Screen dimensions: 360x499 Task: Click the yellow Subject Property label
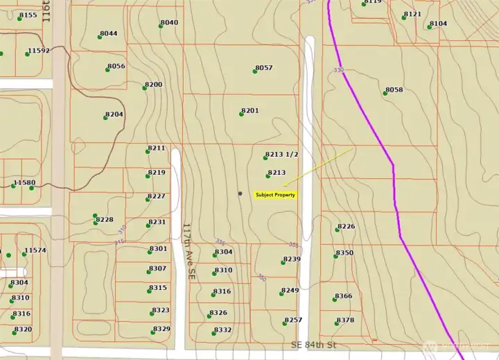276,195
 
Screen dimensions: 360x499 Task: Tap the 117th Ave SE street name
188,251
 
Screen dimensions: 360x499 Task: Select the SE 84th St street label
313,345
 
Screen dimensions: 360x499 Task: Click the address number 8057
264,67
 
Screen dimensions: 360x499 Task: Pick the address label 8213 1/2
281,155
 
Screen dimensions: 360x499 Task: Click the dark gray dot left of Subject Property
240,194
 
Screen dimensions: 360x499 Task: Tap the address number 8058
394,90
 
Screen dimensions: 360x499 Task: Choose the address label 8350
344,252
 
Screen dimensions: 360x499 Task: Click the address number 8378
345,320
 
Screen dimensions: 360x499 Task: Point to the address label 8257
293,320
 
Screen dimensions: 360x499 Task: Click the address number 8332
222,329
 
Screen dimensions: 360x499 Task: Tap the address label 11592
38,51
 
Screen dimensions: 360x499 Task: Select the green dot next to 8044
100,37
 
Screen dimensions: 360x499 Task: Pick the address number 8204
114,114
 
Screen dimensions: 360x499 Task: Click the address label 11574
35,250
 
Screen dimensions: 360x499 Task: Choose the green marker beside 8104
430,27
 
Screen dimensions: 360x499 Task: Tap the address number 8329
161,329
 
